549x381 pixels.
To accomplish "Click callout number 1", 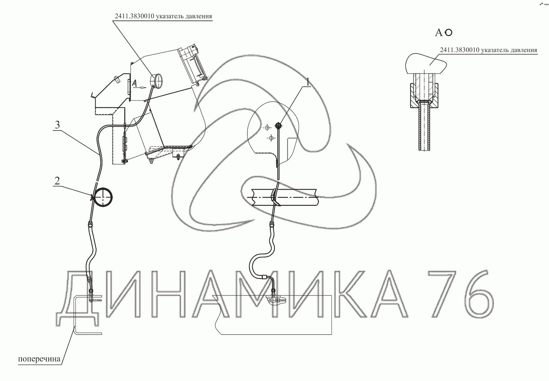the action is point(308,82).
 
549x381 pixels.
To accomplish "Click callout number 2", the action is point(57,181).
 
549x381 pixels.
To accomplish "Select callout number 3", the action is point(57,125).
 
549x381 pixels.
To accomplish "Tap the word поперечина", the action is point(39,359).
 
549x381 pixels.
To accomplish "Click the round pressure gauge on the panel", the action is point(156,80).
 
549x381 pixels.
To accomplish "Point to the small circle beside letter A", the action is point(448,32).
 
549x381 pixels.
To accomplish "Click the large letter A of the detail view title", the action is point(439,33).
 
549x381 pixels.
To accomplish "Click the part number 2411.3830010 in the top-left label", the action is point(134,16).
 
